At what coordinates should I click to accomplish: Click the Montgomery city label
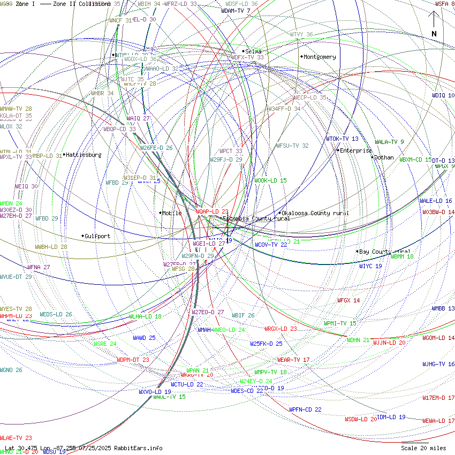(x=320, y=57)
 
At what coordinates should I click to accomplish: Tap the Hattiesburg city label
(x=84, y=155)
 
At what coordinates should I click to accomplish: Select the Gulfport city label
(x=97, y=236)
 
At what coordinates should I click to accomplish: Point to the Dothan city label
(x=383, y=157)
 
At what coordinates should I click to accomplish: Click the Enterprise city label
(x=355, y=150)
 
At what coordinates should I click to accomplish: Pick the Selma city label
(x=253, y=51)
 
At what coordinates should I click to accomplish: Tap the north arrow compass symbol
(x=434, y=24)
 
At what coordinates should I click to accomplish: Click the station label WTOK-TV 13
(x=342, y=139)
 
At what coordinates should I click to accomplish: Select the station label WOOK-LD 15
(x=270, y=180)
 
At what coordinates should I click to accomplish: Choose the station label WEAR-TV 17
(x=293, y=360)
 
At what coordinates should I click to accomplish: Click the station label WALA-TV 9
(x=389, y=142)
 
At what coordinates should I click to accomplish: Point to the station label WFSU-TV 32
(x=292, y=146)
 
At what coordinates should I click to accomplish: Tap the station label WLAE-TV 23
(x=16, y=438)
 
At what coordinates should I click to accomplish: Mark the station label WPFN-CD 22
(x=305, y=409)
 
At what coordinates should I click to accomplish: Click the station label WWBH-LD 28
(x=51, y=247)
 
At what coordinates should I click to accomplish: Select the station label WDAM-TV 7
(x=236, y=11)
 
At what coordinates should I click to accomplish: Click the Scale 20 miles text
(x=423, y=448)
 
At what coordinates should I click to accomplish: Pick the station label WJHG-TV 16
(x=438, y=364)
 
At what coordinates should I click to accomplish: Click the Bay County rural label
(x=385, y=251)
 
